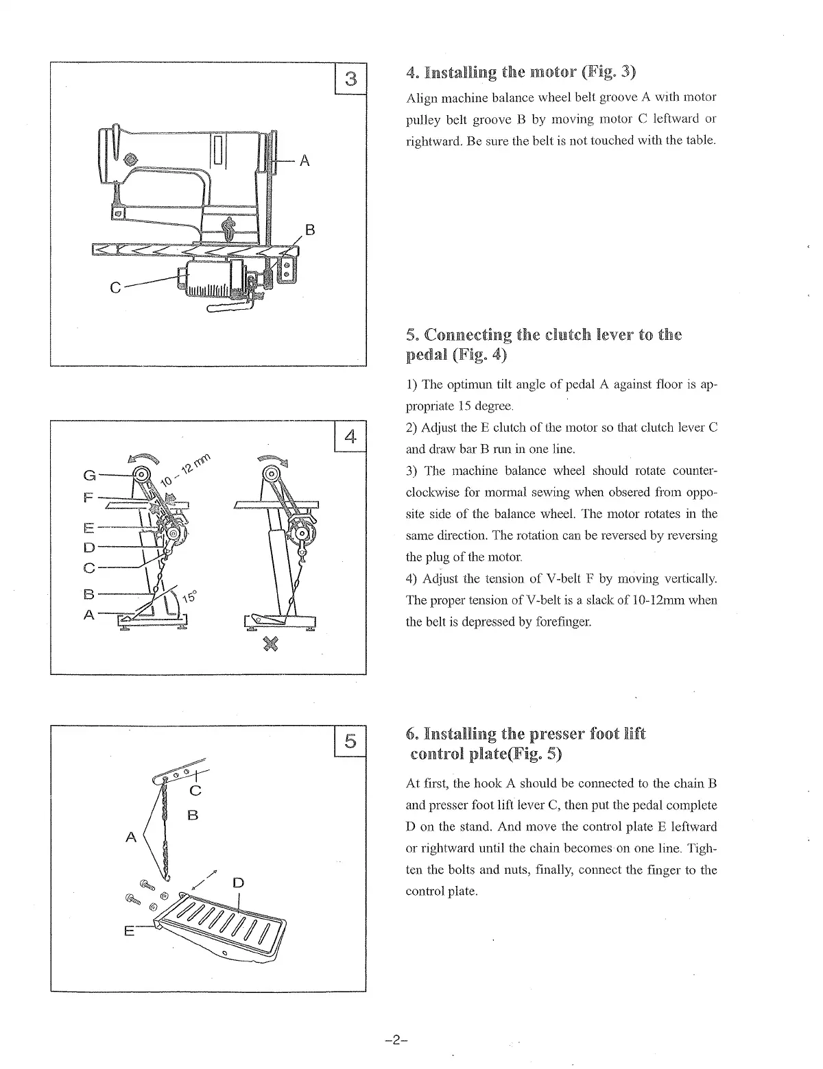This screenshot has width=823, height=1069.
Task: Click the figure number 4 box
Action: click(350, 436)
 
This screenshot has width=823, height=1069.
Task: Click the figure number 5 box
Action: click(350, 741)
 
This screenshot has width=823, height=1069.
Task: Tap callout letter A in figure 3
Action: click(305, 161)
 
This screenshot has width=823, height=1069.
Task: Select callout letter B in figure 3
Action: click(309, 230)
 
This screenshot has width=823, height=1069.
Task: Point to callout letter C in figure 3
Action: click(116, 288)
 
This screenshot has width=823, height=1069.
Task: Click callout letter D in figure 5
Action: click(238, 882)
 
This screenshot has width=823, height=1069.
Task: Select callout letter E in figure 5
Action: click(129, 931)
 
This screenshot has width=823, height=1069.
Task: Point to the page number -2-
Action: click(396, 1040)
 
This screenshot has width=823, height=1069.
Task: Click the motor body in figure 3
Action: click(213, 279)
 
